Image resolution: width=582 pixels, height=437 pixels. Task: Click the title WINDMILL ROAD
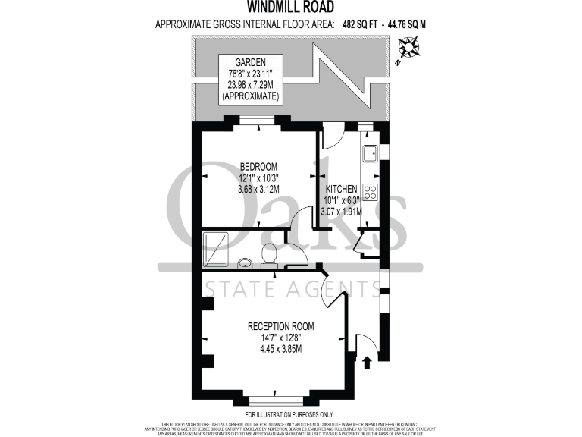pyautogui.click(x=290, y=8)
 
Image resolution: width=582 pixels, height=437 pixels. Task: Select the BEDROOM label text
pyautogui.click(x=258, y=167)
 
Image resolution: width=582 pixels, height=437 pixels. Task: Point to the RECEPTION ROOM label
pyautogui.click(x=280, y=326)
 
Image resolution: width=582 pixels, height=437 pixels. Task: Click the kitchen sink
pyautogui.click(x=371, y=154)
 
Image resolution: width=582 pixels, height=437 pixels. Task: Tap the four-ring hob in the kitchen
pyautogui.click(x=371, y=191)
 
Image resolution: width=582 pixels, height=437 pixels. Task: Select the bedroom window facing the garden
pyautogui.click(x=257, y=119)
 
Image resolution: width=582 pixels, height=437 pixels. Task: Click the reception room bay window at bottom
pyautogui.click(x=279, y=400)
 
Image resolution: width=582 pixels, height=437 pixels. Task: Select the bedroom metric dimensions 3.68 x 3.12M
pyautogui.click(x=258, y=189)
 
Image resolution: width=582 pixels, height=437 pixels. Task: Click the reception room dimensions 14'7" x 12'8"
pyautogui.click(x=280, y=338)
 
